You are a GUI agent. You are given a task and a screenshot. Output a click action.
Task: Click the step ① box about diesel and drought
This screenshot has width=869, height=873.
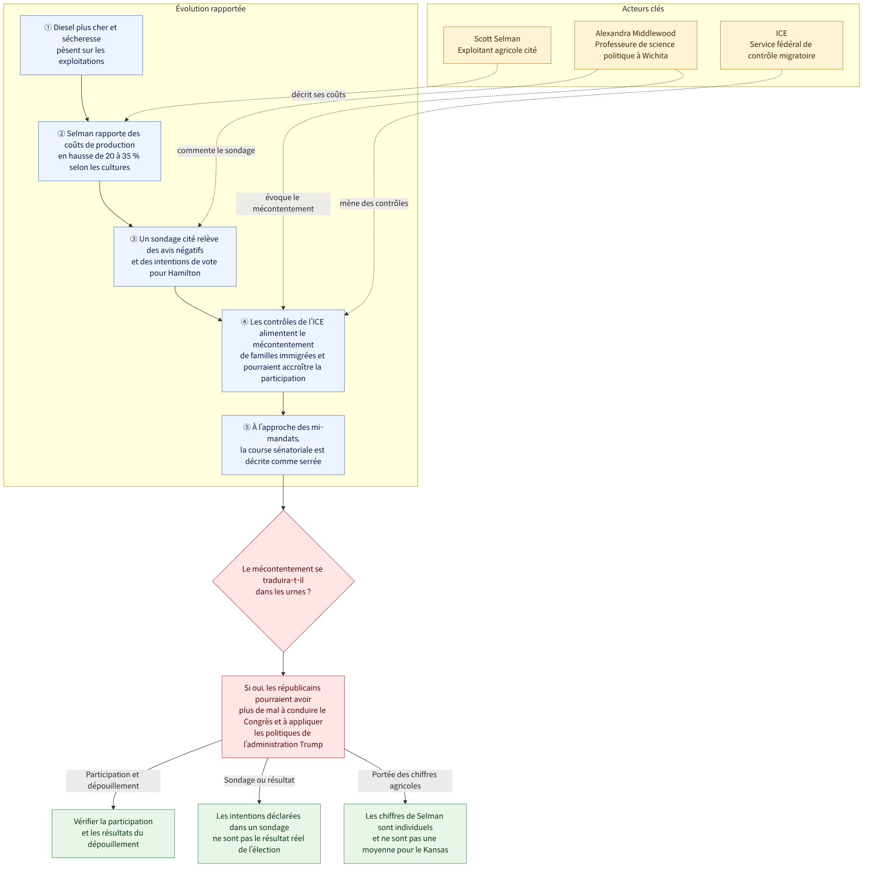pyautogui.click(x=82, y=45)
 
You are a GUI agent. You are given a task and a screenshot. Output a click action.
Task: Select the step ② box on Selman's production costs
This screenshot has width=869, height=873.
pyautogui.click(x=100, y=151)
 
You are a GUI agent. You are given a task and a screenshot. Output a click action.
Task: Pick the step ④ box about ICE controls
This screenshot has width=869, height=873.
pyautogui.click(x=284, y=351)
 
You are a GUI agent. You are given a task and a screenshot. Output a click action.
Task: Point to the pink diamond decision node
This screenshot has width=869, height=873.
pyautogui.click(x=284, y=582)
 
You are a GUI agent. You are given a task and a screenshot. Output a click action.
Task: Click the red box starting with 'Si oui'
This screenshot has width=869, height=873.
pyautogui.click(x=284, y=717)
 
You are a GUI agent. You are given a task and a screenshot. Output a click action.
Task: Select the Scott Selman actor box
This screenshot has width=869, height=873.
pyautogui.click(x=498, y=45)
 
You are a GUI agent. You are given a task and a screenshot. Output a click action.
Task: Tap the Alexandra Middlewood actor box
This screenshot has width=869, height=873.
pyautogui.click(x=636, y=45)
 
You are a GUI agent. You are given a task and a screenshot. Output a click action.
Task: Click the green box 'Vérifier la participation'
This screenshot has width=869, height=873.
pyautogui.click(x=113, y=834)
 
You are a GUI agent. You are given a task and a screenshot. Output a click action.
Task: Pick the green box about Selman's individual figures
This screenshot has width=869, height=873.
pyautogui.click(x=406, y=834)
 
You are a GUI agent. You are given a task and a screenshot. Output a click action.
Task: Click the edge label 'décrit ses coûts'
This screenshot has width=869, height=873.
pyautogui.click(x=319, y=95)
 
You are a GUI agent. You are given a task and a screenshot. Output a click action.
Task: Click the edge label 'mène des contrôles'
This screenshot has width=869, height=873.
pyautogui.click(x=374, y=204)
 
